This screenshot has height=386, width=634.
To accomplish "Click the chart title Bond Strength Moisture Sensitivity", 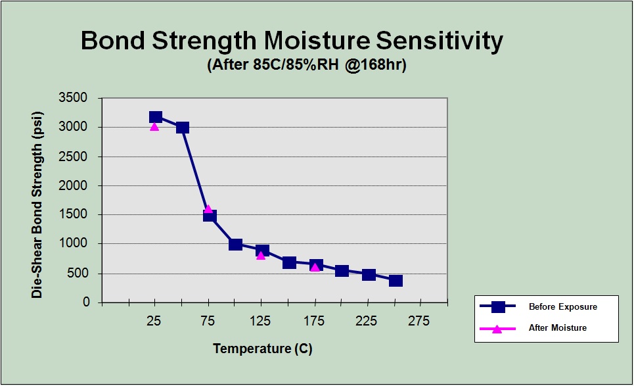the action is pyautogui.click(x=292, y=41).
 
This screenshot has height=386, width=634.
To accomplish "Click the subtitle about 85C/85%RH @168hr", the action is pyautogui.click(x=306, y=64).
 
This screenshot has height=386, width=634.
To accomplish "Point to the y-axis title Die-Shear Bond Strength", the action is pyautogui.click(x=37, y=205).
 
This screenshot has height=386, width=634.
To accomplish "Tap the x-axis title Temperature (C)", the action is pyautogui.click(x=263, y=349).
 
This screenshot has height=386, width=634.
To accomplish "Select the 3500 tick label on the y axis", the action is pyautogui.click(x=73, y=97).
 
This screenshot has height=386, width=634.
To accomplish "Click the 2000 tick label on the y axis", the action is pyautogui.click(x=73, y=185).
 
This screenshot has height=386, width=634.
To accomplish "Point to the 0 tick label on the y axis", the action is pyautogui.click(x=86, y=302).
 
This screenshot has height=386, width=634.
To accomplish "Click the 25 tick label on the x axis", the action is pyautogui.click(x=154, y=322).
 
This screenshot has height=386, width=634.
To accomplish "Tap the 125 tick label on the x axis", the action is pyautogui.click(x=260, y=322).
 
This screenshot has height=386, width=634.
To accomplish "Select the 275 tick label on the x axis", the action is pyautogui.click(x=419, y=322).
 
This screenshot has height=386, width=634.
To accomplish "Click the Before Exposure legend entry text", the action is pyautogui.click(x=563, y=306).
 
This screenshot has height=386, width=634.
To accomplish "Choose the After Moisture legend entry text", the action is pyautogui.click(x=558, y=327).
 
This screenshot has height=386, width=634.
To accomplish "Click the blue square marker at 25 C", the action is pyautogui.click(x=156, y=117).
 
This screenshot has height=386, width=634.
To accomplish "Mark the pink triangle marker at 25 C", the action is pyautogui.click(x=154, y=127).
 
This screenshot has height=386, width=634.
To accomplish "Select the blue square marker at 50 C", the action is pyautogui.click(x=183, y=128).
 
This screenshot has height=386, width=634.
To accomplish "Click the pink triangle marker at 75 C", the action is pyautogui.click(x=208, y=209).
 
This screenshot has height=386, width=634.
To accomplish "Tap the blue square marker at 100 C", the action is pyautogui.click(x=235, y=244).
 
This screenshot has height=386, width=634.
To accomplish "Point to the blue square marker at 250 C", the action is pyautogui.click(x=396, y=280).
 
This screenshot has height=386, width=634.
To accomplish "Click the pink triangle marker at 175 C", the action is pyautogui.click(x=315, y=267).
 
